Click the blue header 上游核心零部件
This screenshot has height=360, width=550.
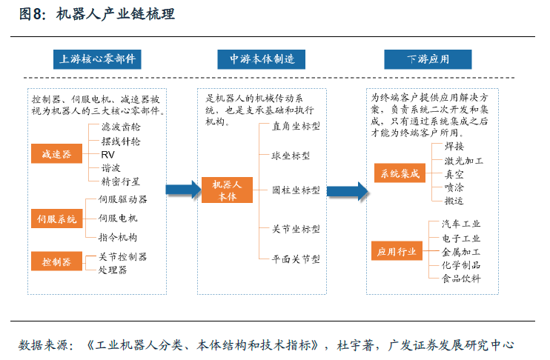pos(97,59)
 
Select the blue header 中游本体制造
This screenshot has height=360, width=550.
pos(262,59)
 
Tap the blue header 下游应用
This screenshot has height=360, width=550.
pos(428,59)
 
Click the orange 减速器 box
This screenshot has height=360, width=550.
pos(56,153)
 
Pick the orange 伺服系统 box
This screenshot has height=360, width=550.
pos(56,219)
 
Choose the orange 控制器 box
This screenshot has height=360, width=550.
pos(56,261)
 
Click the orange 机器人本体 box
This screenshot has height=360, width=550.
pos(227,190)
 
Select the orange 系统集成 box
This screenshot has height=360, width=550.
pos(400,173)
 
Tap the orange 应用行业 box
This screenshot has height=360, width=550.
pos(397,250)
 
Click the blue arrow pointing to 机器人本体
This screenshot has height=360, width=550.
pos(183,190)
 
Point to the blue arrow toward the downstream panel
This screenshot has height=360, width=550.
pos(347,191)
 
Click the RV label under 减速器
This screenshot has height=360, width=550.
pos(107,155)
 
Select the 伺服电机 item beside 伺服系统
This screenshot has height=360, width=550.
pos(118,218)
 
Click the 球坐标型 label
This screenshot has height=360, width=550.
pos(291,156)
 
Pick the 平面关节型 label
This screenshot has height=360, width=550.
pos(296,259)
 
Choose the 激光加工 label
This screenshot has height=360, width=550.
pos(464,161)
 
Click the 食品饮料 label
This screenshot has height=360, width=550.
pos(461,279)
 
